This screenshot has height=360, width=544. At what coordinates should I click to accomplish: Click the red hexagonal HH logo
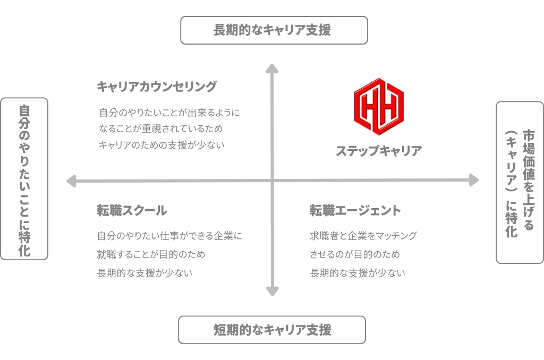379,107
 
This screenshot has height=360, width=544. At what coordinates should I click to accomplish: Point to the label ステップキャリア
379,151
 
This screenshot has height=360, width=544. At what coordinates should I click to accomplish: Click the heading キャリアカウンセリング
157,87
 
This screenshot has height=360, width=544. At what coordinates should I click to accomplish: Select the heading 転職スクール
132,210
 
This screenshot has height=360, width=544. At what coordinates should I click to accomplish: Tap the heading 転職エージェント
355,210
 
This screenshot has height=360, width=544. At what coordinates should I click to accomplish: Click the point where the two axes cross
273,181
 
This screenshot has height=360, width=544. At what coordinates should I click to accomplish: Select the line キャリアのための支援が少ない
161,145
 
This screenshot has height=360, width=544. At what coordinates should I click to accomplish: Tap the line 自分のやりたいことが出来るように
169,113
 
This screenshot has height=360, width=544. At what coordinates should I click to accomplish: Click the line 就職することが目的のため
151,254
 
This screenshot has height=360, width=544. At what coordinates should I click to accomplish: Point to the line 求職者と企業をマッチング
363,236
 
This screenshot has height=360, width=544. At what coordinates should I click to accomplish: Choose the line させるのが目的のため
354,254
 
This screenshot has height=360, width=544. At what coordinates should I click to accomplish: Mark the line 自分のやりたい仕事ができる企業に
169,236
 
